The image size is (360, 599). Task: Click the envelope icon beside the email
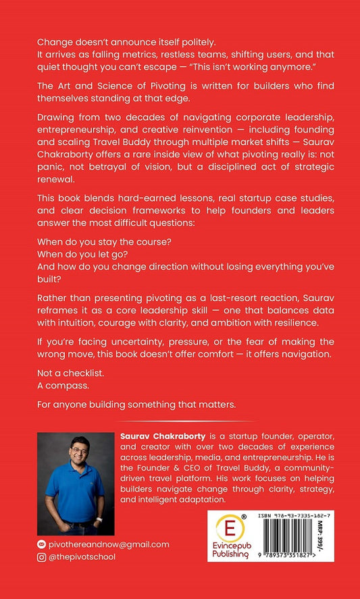click(x=43, y=544)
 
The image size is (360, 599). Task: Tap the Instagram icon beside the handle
click(x=43, y=557)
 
